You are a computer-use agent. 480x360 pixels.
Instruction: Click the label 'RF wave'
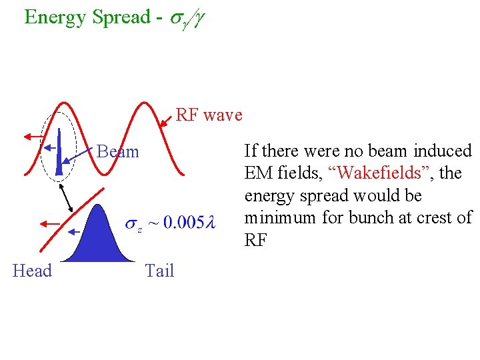click(209, 115)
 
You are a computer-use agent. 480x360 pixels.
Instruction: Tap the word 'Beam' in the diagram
click(118, 152)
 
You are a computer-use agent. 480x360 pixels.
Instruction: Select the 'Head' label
click(32, 271)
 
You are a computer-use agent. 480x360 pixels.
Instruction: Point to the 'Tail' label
click(159, 271)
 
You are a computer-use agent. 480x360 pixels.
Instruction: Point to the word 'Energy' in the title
click(55, 17)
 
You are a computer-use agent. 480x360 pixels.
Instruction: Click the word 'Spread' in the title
click(121, 17)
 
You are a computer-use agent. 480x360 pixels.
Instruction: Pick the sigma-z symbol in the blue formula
click(134, 225)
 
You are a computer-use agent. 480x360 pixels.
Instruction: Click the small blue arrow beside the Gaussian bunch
click(74, 231)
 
